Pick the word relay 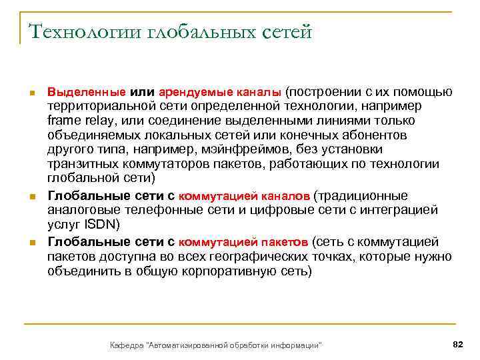pyautogui.click(x=98, y=121)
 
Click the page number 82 pyautogui.click(x=457, y=344)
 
